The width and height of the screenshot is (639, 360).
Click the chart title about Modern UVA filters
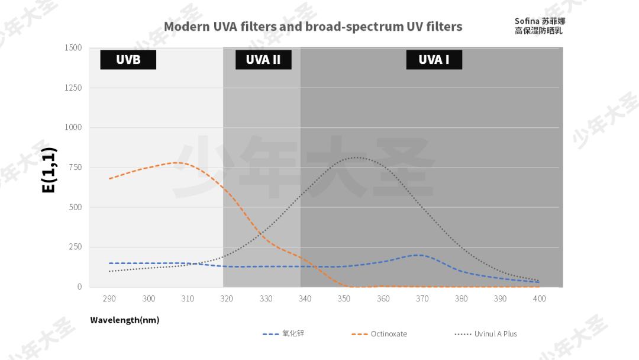point(313,27)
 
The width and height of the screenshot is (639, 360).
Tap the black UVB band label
point(128,60)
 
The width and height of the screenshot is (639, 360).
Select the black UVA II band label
point(263,60)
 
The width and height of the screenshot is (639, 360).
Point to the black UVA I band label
point(434,60)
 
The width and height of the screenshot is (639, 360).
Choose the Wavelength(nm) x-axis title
point(124,320)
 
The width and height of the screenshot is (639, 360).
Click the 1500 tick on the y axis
point(73,48)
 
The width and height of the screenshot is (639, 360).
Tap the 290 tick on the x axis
point(109,299)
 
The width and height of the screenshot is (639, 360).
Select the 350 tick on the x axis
point(344,299)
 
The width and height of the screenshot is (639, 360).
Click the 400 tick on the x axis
point(540,299)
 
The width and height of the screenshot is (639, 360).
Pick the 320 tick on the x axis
point(227,299)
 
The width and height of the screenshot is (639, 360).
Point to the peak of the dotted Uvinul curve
point(357,157)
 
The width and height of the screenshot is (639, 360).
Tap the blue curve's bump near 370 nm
point(419,255)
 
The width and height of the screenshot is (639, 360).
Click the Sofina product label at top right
point(539,26)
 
